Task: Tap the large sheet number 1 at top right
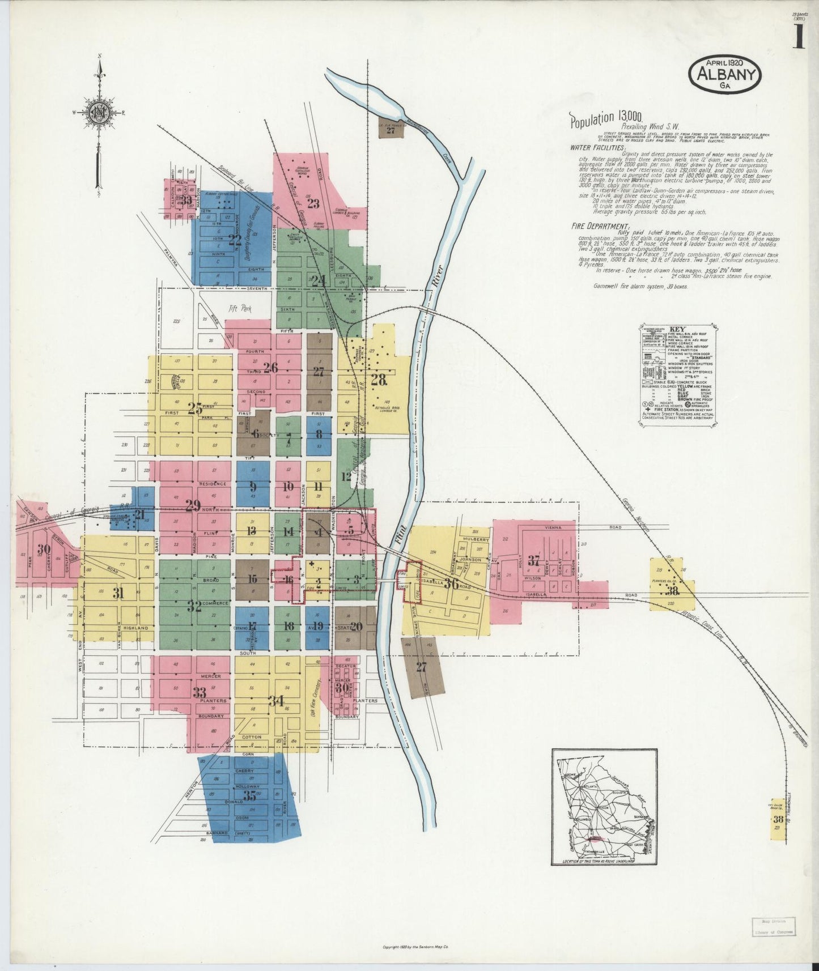799,38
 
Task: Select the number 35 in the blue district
250,795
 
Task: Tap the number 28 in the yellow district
378,380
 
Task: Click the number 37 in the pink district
534,561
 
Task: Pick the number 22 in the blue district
234,239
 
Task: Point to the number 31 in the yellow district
118,593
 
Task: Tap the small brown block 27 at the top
391,130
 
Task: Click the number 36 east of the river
451,584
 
